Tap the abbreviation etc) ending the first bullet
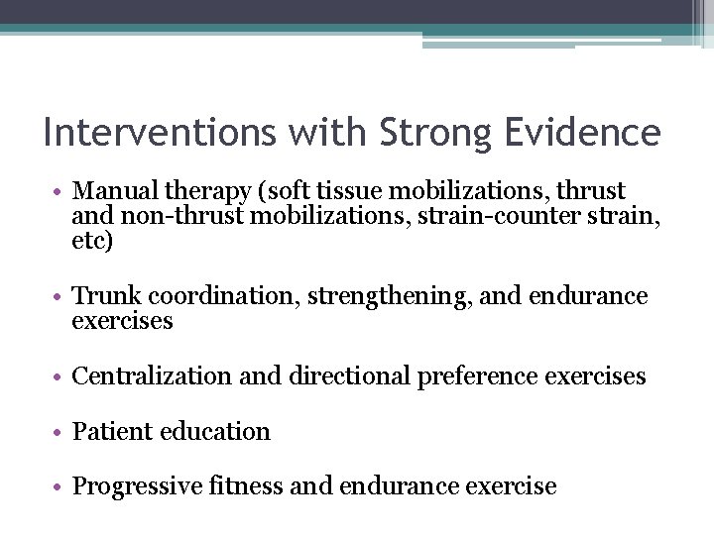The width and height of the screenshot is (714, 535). (x=93, y=240)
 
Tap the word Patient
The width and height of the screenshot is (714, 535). (x=109, y=432)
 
